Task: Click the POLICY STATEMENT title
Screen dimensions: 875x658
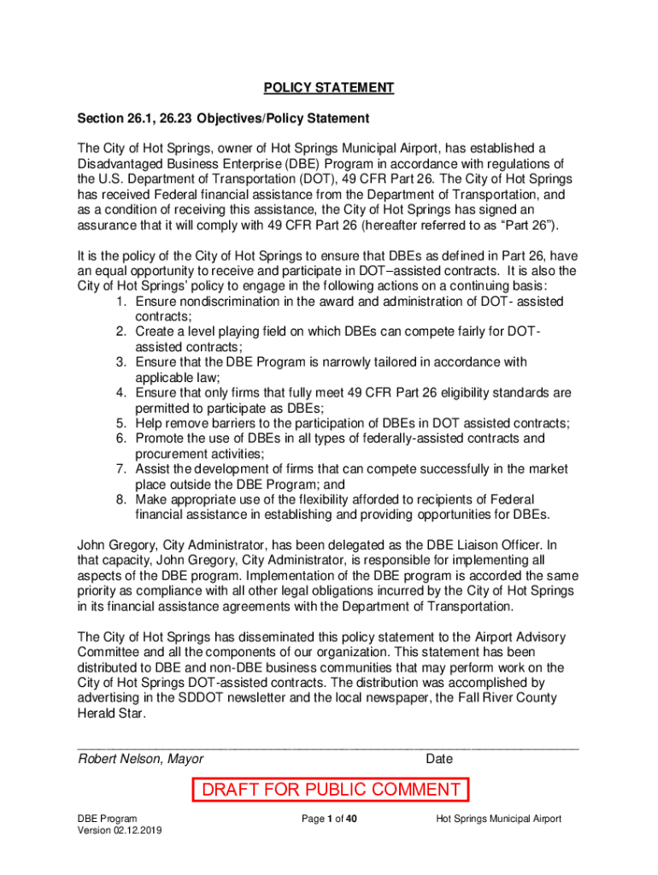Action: click(x=329, y=88)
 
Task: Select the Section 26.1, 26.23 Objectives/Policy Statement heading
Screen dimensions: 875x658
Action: click(x=223, y=118)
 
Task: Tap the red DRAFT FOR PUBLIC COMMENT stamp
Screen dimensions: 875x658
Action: click(x=330, y=790)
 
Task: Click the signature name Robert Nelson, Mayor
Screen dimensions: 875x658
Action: click(x=141, y=759)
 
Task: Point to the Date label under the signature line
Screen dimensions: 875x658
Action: click(x=438, y=759)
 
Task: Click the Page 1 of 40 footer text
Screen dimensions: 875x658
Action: click(x=329, y=819)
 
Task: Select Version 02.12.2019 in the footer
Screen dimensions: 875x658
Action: click(x=120, y=831)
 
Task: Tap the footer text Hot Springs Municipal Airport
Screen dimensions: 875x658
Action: click(x=498, y=819)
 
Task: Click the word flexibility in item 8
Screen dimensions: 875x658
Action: click(x=313, y=499)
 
